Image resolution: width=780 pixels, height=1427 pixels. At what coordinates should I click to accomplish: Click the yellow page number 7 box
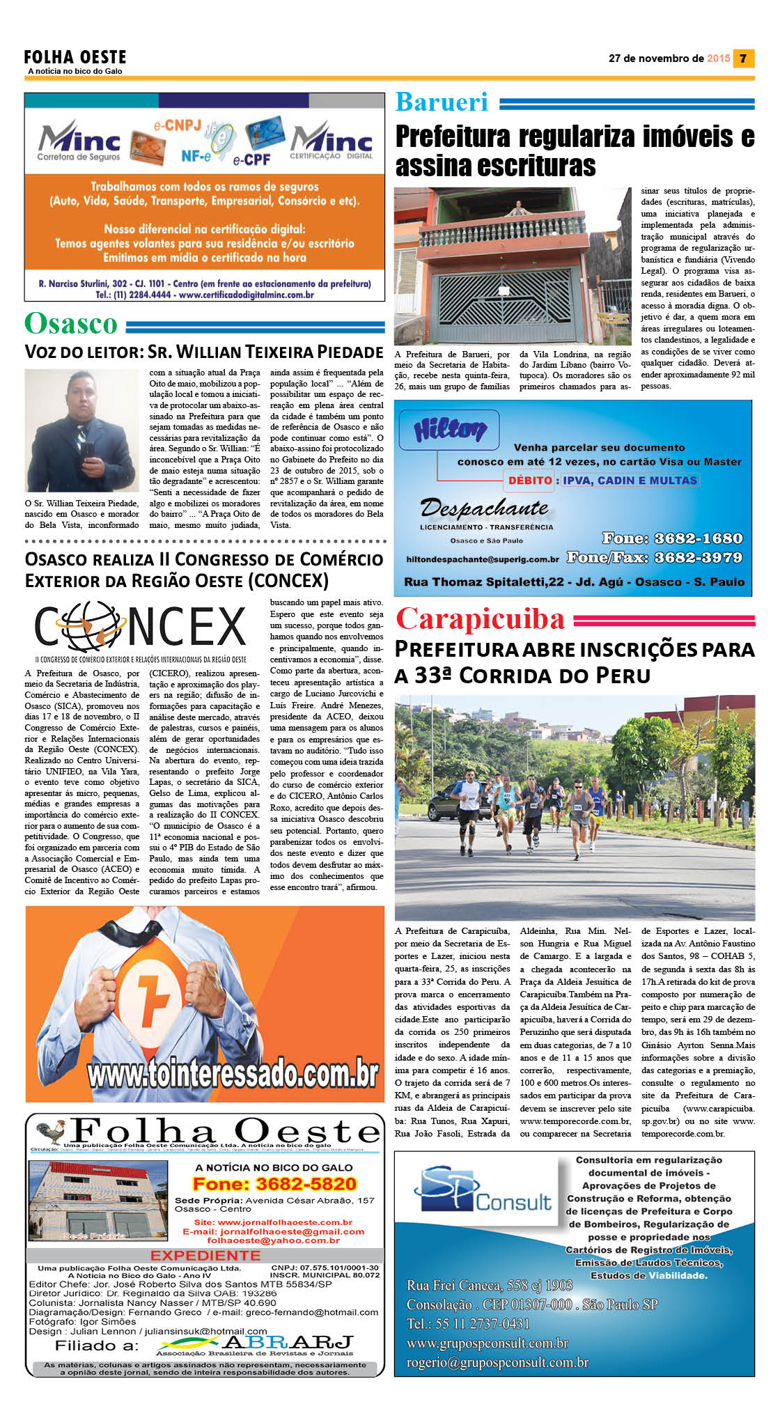pyautogui.click(x=744, y=59)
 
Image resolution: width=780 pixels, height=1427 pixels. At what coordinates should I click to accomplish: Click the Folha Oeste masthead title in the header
pyautogui.click(x=75, y=57)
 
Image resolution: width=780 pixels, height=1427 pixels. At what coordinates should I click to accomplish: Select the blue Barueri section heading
pyautogui.click(x=442, y=102)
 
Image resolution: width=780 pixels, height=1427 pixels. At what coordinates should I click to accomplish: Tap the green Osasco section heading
pyautogui.click(x=71, y=324)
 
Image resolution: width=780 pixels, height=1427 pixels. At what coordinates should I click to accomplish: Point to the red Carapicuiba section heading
pyautogui.click(x=480, y=619)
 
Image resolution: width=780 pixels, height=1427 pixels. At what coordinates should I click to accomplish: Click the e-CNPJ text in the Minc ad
pyautogui.click(x=177, y=126)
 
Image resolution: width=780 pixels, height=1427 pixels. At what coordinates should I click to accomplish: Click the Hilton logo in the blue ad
pyautogui.click(x=449, y=430)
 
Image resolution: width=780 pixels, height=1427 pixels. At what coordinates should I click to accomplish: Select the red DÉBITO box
pyautogui.click(x=530, y=480)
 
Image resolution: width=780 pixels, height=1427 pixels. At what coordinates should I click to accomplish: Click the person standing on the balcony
pyautogui.click(x=516, y=208)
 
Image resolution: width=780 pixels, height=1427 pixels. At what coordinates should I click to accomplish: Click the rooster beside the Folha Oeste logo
pyautogui.click(x=51, y=1132)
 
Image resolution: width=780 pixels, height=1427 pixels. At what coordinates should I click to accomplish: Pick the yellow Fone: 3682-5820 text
pyautogui.click(x=274, y=1184)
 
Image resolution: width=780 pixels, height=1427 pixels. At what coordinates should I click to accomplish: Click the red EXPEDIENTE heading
pyautogui.click(x=205, y=1256)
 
